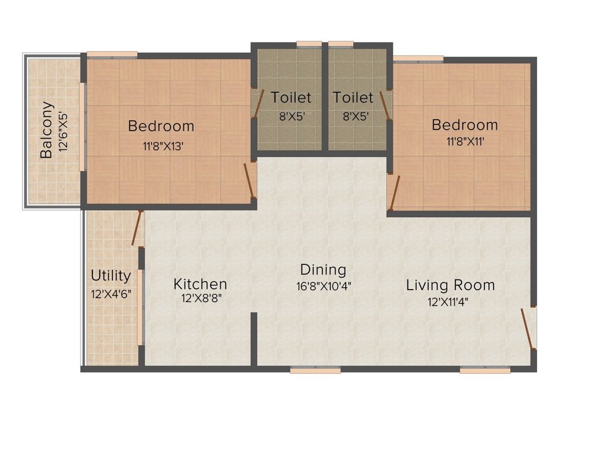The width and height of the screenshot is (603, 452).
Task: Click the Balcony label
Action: (47, 130)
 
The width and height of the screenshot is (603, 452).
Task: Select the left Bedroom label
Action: (161, 126)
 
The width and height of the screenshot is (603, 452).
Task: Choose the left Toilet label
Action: (291, 97)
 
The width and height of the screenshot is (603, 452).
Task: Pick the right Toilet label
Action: (353, 97)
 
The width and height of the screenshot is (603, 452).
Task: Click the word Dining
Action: (323, 270)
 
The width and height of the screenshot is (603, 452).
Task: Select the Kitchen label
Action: (200, 284)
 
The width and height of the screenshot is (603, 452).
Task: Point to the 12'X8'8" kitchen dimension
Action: (202, 298)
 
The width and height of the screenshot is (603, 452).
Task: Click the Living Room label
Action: (450, 285)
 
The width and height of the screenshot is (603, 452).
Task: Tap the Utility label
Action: (111, 275)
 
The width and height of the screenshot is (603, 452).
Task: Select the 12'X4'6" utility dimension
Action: (111, 294)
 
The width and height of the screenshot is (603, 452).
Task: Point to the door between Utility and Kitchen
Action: (138, 228)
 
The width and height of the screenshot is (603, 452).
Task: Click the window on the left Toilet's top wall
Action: (309, 44)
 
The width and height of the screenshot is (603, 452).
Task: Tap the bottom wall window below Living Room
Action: (485, 370)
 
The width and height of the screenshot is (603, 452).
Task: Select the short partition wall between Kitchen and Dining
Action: (254, 340)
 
